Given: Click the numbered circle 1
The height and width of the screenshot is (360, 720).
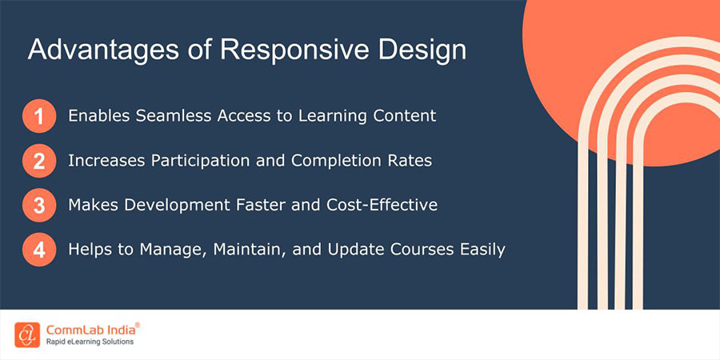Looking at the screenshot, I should point(38,116).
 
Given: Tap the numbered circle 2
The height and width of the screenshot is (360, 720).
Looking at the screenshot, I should point(38,161).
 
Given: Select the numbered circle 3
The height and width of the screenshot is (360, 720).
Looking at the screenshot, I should point(38,205).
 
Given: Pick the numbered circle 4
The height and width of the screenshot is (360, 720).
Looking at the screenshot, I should point(38,250).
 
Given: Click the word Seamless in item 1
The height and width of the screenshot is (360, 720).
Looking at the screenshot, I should point(169,116).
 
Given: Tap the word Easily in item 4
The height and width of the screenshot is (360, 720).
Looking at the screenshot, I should point(480,250).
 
